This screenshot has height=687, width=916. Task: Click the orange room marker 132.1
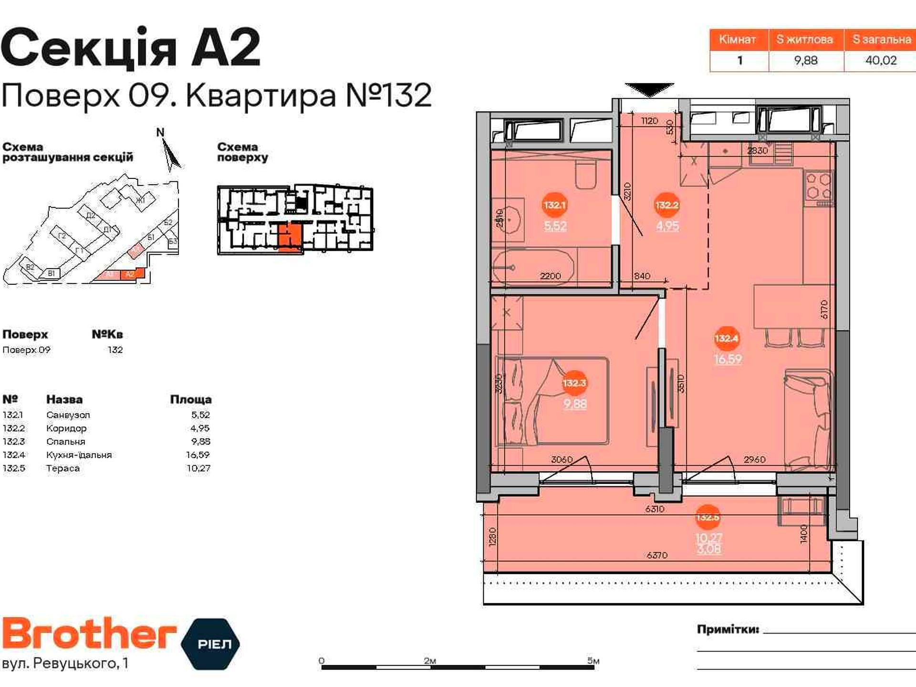point(554,205)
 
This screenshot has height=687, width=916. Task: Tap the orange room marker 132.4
point(726,338)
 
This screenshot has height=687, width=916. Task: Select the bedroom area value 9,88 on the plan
point(575,404)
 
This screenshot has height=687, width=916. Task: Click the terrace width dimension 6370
point(657,555)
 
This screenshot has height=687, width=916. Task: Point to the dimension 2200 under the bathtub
point(550,276)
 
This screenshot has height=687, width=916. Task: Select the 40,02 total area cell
point(881,61)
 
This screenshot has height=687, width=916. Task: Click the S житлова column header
point(805,40)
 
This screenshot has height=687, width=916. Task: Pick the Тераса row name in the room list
point(63,468)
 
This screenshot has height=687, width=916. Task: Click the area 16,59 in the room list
point(198,455)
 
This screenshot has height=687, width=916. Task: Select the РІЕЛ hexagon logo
point(210,644)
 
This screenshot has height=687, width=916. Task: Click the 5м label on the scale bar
point(593,661)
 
